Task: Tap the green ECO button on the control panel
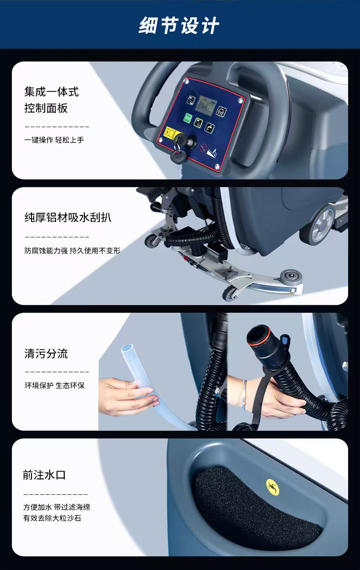(187, 118)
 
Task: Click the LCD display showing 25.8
(206, 105)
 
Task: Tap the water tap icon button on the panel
(209, 128)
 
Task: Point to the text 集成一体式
(51, 92)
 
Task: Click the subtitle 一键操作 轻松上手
(54, 140)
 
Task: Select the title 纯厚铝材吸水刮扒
(68, 217)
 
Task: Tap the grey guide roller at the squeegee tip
(292, 277)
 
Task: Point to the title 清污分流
(46, 354)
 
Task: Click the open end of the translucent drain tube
(127, 348)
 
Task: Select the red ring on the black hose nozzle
(259, 335)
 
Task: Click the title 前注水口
(44, 475)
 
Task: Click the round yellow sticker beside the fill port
(273, 487)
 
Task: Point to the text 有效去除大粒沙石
(52, 518)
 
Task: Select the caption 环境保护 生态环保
(54, 385)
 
